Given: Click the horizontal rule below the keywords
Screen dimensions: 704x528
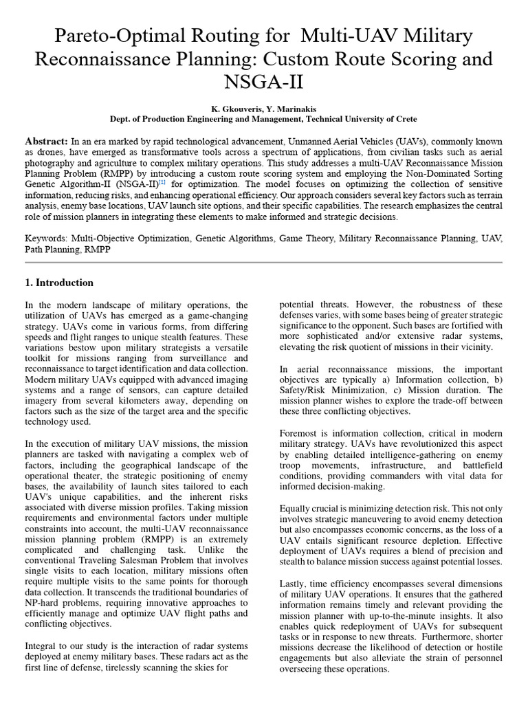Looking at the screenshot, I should coord(264,262).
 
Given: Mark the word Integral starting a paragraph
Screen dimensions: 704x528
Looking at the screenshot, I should coord(41,646).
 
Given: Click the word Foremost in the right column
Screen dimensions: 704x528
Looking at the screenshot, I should coord(301,433).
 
